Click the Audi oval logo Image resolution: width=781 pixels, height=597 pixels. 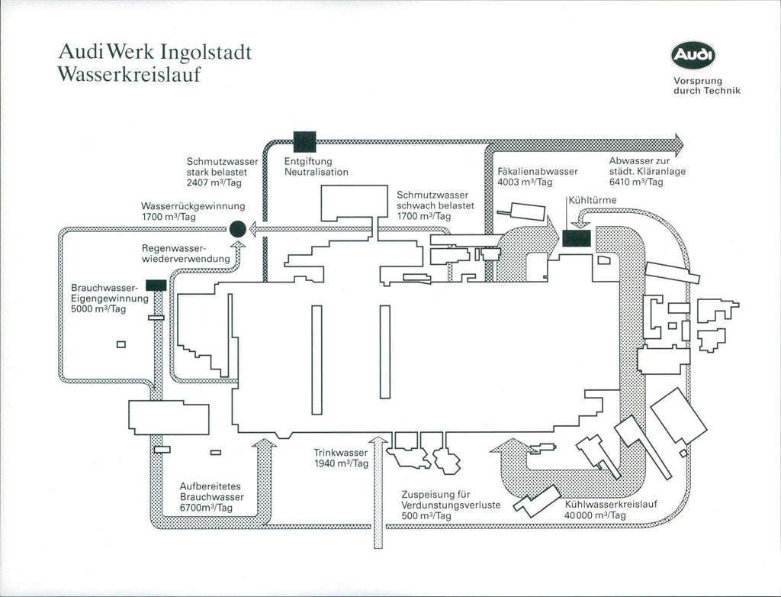693,55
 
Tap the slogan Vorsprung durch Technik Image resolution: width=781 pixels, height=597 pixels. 706,86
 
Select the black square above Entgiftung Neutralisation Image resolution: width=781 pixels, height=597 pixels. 304,142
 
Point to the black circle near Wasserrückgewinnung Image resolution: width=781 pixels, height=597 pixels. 237,228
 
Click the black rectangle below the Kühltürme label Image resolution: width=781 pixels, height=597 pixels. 576,237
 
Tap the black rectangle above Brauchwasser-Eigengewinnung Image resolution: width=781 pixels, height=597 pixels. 156,285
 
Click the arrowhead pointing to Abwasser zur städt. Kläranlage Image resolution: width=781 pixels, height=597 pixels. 678,143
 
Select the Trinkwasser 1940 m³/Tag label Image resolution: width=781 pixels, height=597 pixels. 341,458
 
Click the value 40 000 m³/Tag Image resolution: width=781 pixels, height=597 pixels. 595,516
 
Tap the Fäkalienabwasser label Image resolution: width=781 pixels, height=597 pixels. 537,172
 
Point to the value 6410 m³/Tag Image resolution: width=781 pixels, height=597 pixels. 636,182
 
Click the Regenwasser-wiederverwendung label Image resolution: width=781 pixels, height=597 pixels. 186,254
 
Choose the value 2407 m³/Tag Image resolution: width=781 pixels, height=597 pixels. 214,182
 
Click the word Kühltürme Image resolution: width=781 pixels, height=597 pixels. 593,200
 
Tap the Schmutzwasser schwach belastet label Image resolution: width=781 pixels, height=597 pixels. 435,205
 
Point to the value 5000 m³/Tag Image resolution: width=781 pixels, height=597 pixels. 98,309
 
